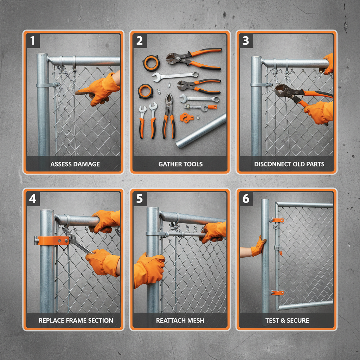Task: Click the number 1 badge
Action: click(x=33, y=41)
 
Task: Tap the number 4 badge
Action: click(x=33, y=199)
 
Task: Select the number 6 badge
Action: click(x=246, y=199)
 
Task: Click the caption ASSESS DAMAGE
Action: click(x=75, y=164)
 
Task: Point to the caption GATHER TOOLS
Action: click(x=180, y=164)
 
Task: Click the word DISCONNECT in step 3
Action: click(x=271, y=164)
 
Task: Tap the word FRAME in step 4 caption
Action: click(x=76, y=321)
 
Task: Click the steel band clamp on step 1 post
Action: click(x=47, y=85)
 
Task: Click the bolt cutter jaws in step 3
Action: click(x=283, y=91)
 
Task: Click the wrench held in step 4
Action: click(x=79, y=244)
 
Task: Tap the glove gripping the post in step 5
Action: click(x=149, y=269)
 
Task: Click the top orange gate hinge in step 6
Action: click(x=277, y=220)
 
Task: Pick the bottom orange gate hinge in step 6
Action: click(x=277, y=292)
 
